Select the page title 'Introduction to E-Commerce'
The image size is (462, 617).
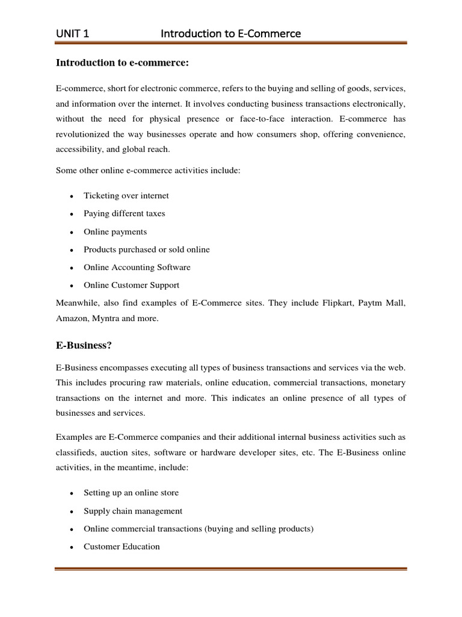(230, 34)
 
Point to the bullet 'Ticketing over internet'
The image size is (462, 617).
(126, 196)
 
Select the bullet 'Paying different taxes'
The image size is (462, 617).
(124, 213)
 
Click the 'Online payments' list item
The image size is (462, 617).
(115, 231)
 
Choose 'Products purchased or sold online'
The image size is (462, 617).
(147, 249)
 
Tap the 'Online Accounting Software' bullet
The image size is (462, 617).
(137, 267)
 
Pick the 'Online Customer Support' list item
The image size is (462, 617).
(131, 285)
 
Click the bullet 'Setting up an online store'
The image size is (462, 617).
(131, 493)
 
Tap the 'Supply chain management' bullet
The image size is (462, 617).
(133, 511)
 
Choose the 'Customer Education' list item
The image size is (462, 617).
(122, 547)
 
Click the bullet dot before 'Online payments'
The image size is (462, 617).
(72, 232)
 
